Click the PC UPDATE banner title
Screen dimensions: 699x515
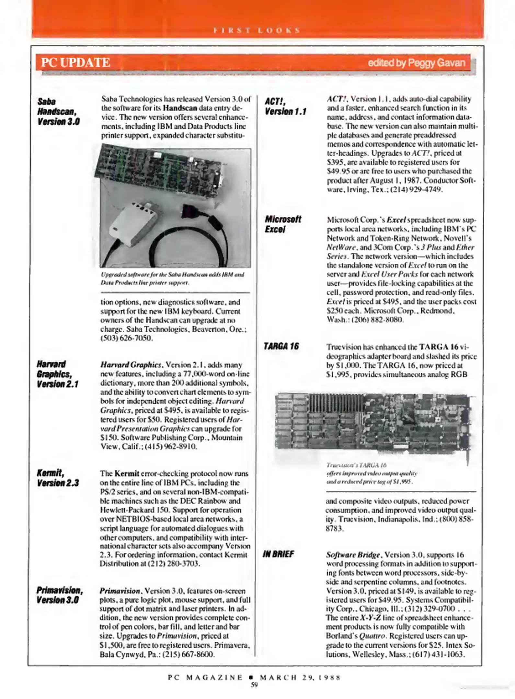click(x=75, y=62)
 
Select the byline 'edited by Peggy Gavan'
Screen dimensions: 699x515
click(x=416, y=62)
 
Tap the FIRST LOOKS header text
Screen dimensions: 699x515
click(x=257, y=30)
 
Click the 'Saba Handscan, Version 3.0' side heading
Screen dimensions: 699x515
click(x=58, y=112)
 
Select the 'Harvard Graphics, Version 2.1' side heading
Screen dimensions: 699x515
click(x=57, y=374)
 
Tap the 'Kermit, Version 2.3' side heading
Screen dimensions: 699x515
click(x=57, y=478)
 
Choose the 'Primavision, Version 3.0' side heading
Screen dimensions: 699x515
click(x=59, y=595)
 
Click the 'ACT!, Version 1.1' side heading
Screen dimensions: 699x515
click(x=285, y=106)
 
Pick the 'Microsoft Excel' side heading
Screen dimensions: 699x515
click(x=282, y=224)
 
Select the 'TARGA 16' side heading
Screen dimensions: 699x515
click(x=281, y=347)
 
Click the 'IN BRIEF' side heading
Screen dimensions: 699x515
click(x=278, y=554)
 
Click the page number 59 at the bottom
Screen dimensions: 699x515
click(x=254, y=685)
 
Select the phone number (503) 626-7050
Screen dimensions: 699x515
click(x=126, y=338)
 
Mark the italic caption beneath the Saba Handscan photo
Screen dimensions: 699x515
click(x=172, y=278)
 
